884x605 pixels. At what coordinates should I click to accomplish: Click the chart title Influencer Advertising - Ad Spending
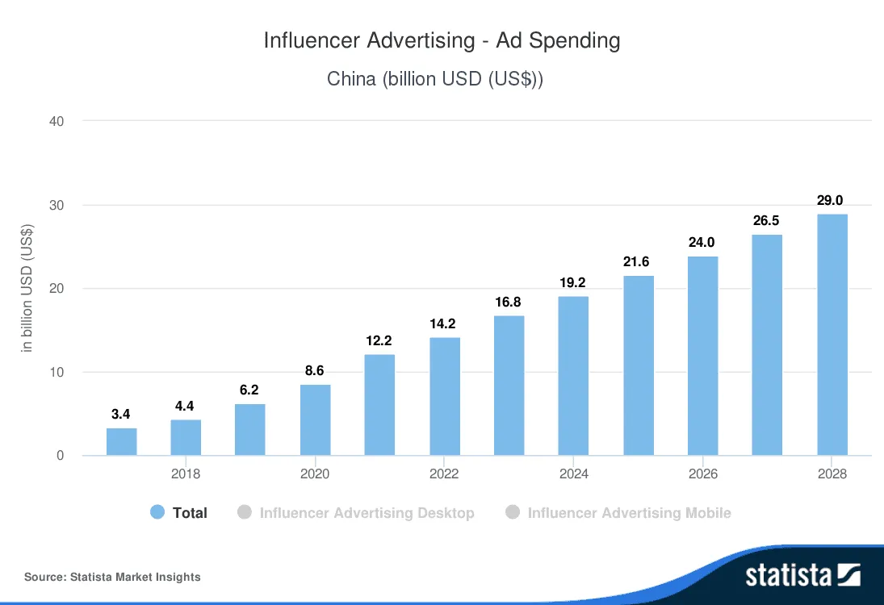pyautogui.click(x=442, y=41)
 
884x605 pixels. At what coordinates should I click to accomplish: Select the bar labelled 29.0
pyautogui.click(x=832, y=335)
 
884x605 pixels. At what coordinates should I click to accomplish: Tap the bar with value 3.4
pyautogui.click(x=121, y=442)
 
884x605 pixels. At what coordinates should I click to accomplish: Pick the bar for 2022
pyautogui.click(x=445, y=396)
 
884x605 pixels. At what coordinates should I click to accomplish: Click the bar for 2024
pyautogui.click(x=574, y=376)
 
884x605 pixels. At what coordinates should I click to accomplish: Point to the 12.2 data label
pyautogui.click(x=379, y=341)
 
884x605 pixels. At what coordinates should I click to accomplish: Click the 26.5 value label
pyautogui.click(x=767, y=221)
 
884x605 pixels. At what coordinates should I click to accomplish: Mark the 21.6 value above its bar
pyautogui.click(x=638, y=262)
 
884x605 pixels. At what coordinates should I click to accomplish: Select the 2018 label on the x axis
pyautogui.click(x=186, y=474)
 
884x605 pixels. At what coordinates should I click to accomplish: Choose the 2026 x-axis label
pyautogui.click(x=703, y=474)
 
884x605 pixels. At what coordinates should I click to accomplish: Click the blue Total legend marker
pyautogui.click(x=158, y=512)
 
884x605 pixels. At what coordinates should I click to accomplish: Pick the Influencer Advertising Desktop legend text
pyautogui.click(x=367, y=513)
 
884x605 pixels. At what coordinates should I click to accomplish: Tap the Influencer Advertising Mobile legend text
pyautogui.click(x=629, y=513)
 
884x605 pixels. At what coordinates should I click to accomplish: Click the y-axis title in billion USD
pyautogui.click(x=27, y=289)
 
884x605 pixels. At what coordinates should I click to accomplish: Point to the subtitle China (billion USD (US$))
pyautogui.click(x=435, y=80)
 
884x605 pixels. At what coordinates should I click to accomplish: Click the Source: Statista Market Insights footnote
pyautogui.click(x=112, y=577)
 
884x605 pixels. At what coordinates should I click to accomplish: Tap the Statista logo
pyautogui.click(x=802, y=575)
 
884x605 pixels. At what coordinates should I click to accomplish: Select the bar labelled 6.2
pyautogui.click(x=250, y=429)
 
